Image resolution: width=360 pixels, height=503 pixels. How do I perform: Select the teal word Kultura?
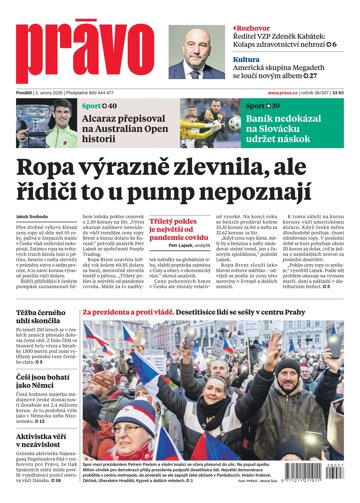point(248,59)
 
